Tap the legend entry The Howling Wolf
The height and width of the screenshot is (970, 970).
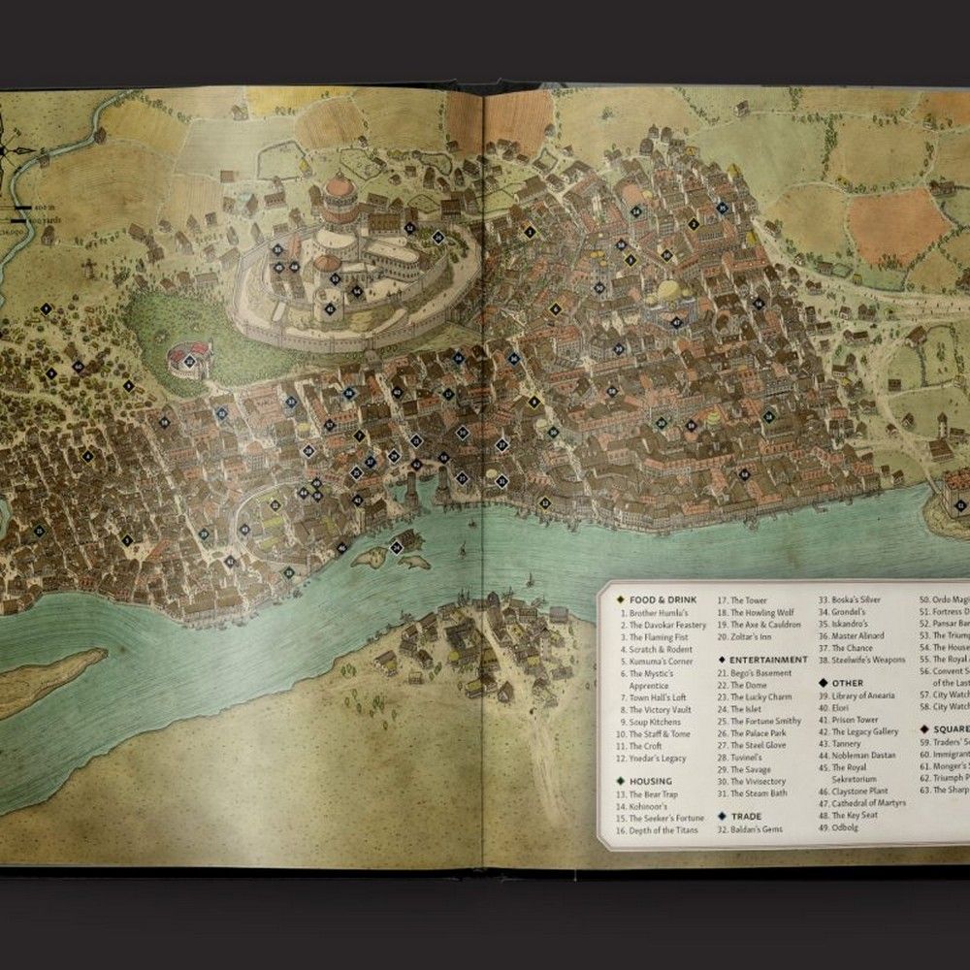761,613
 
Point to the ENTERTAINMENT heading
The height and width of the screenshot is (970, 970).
767,660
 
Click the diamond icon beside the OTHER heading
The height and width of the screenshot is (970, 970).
823,683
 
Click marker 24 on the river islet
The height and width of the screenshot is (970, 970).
397,547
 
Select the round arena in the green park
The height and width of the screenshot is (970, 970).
188,360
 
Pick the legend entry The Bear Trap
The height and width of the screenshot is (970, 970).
653,793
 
